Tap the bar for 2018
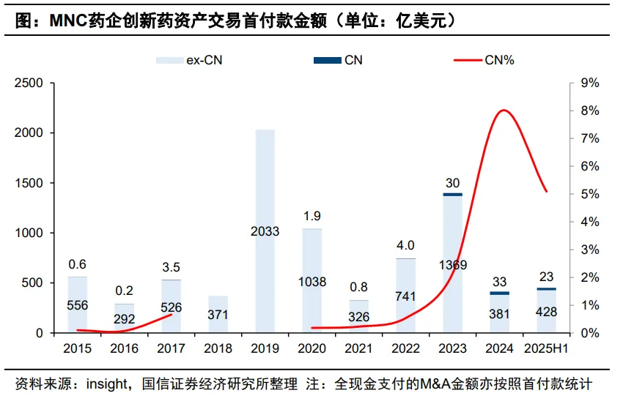(x=218, y=314)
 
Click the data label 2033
(x=265, y=232)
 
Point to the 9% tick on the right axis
(x=590, y=83)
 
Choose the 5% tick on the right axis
(x=590, y=194)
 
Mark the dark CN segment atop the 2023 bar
(x=452, y=194)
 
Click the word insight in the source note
(x=107, y=383)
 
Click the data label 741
(x=405, y=296)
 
